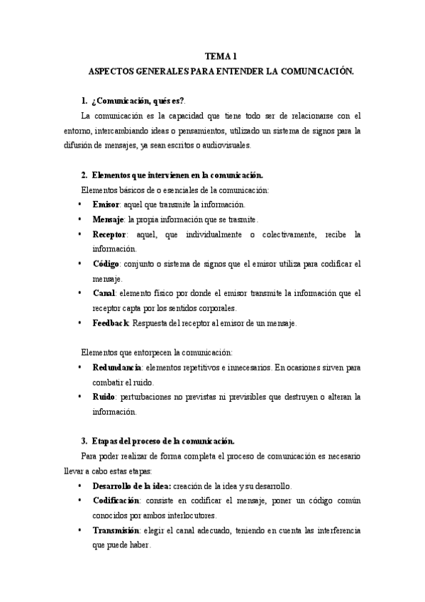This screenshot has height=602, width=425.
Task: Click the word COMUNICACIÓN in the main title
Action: coord(319,71)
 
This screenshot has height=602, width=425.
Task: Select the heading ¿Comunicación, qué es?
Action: coord(136,101)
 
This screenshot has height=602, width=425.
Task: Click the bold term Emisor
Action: coord(106,204)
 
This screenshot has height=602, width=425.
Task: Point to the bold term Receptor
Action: coord(109,234)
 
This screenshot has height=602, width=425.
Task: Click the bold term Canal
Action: coord(105,293)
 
